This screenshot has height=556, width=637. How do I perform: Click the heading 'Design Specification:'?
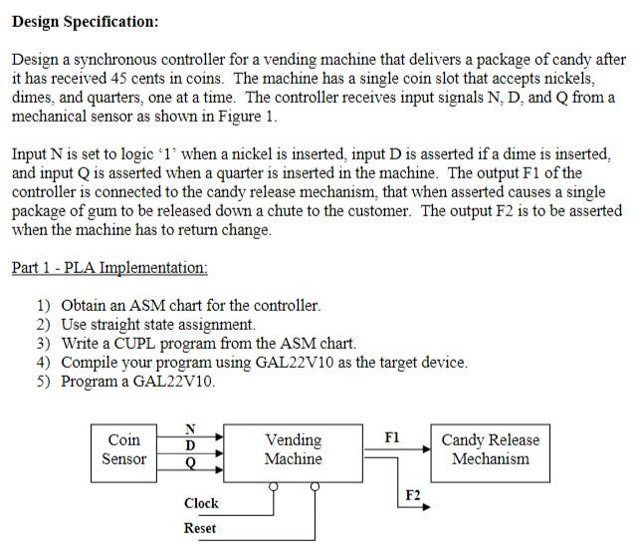coord(85,21)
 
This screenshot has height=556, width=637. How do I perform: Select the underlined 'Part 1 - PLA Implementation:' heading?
coord(109,268)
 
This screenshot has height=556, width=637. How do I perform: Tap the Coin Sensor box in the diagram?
coord(123,449)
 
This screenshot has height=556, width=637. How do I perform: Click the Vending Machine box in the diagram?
coord(293,449)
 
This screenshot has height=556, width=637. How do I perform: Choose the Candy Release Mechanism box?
coord(490,449)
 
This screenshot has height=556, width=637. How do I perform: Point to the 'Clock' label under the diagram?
coord(201,503)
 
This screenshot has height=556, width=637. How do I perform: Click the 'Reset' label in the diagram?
coord(200,528)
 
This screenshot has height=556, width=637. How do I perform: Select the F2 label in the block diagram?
coord(412,495)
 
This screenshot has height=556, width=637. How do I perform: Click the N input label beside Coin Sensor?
coord(190,428)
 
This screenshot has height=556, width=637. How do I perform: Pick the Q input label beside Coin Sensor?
coord(190,463)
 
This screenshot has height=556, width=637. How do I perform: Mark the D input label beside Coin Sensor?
coord(190,445)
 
